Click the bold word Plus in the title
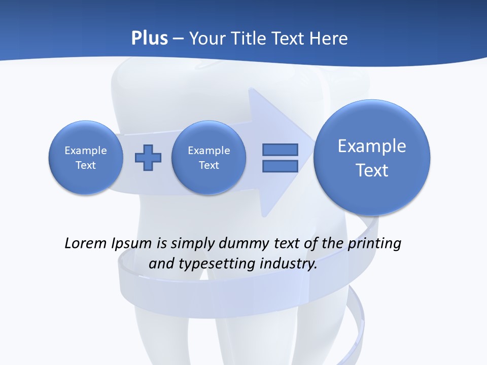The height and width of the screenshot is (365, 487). [x=149, y=39]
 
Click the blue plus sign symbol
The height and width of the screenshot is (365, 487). [x=148, y=158]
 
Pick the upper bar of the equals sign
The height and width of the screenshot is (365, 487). [x=280, y=150]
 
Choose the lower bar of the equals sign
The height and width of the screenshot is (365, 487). [x=280, y=166]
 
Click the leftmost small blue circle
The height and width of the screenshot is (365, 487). [x=86, y=158]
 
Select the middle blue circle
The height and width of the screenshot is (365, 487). [x=208, y=158]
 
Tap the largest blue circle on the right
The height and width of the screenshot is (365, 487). [x=372, y=157]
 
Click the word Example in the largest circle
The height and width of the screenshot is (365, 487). [x=372, y=146]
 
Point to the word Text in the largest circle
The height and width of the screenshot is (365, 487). [x=372, y=170]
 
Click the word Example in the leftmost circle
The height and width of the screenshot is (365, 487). [x=86, y=151]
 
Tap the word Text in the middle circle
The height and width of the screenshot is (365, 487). [x=208, y=165]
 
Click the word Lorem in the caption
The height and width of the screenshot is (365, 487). [x=86, y=243]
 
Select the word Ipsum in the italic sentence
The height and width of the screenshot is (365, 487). [x=131, y=243]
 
